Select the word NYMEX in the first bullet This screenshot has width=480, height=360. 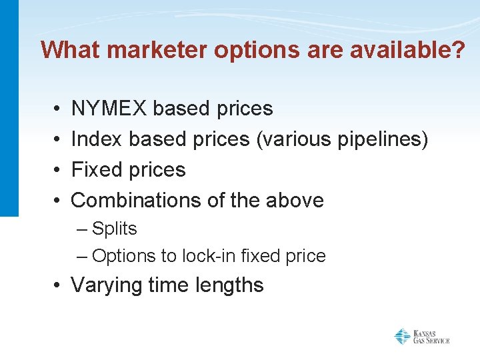point(109,108)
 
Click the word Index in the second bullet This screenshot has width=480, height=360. point(97,139)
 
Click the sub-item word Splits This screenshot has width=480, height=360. point(115,229)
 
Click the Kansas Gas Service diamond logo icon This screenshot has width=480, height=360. point(402,336)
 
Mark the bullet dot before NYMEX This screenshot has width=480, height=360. point(59,109)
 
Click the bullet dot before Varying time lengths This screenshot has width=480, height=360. point(59,286)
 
